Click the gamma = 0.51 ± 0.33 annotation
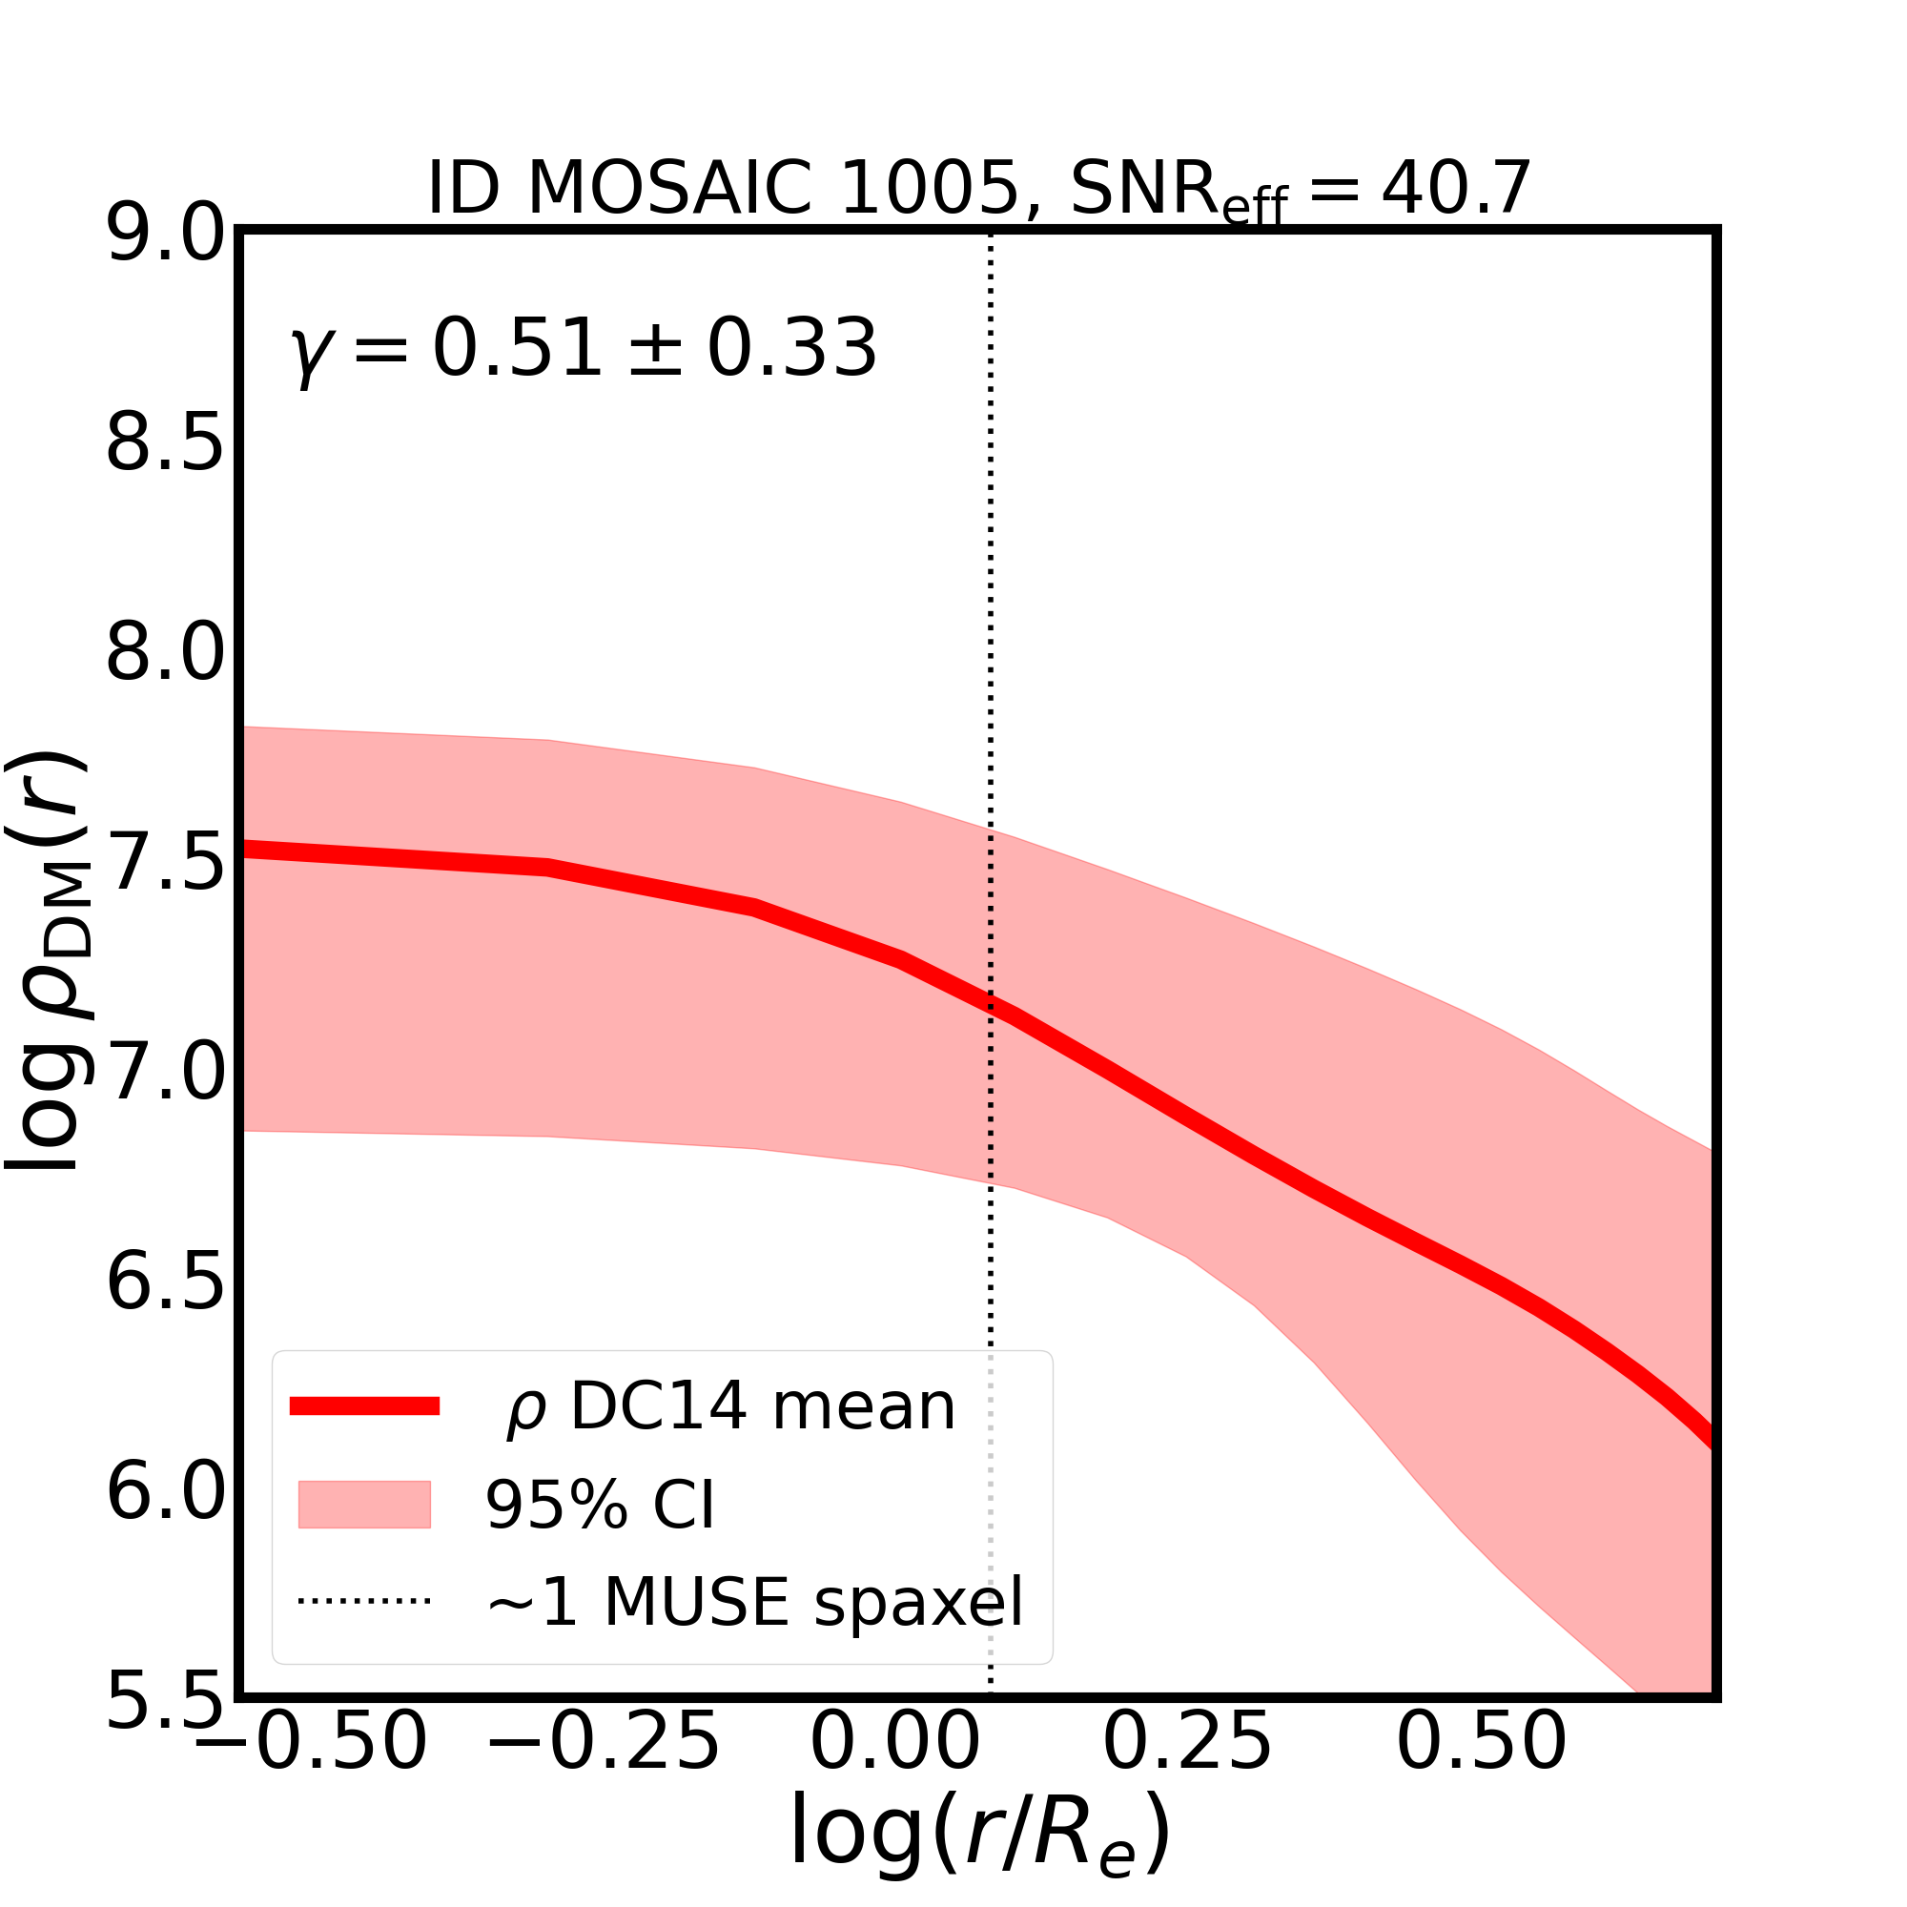point(584,349)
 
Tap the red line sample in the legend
point(364,1406)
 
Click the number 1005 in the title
point(928,188)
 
